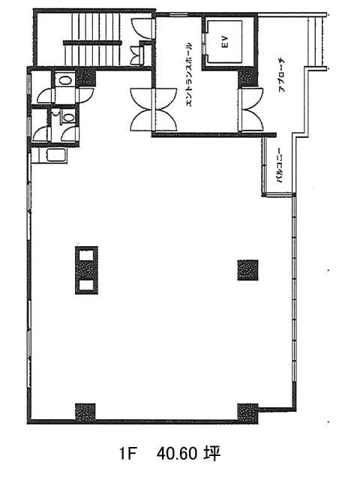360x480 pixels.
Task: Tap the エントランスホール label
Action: point(189,74)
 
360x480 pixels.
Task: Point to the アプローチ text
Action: point(282,75)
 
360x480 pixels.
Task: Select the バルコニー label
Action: point(280,165)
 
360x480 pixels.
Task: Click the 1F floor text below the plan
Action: point(127,454)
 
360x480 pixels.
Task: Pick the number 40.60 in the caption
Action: point(177,454)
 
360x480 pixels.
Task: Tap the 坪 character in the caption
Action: point(212,454)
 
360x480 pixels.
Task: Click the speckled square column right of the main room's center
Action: point(247,270)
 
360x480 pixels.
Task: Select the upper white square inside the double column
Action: point(86,255)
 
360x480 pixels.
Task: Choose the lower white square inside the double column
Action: point(86,285)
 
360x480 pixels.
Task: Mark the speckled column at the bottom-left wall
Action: point(85,412)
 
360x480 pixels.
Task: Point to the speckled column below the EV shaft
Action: point(247,77)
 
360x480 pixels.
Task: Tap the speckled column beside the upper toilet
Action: point(85,78)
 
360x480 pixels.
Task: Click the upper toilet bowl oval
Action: point(65,80)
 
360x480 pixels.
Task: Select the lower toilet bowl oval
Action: point(68,117)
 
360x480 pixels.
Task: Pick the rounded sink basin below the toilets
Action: point(57,155)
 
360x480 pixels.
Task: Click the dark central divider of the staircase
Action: point(92,43)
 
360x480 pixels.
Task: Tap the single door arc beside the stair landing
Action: point(142,28)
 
